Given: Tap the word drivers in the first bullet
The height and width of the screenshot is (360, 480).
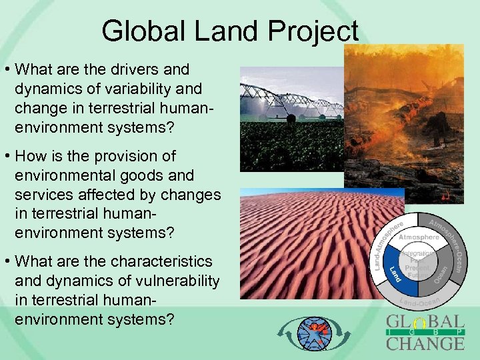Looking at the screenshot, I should coord(143,69).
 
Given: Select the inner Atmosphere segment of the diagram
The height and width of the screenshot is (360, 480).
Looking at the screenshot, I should coord(419,237).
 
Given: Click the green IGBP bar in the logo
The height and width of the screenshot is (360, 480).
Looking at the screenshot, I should coord(425,333).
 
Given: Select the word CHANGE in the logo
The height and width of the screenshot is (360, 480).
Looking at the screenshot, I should coord(425,344).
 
